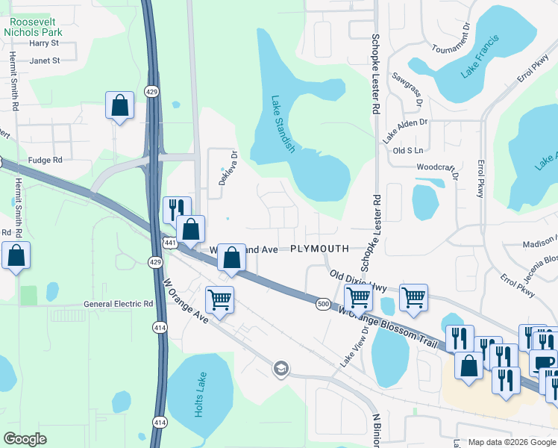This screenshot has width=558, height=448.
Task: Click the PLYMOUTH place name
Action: [x=319, y=249]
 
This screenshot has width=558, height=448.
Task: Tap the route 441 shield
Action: [x=171, y=243]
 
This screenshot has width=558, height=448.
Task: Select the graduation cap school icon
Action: [x=280, y=367]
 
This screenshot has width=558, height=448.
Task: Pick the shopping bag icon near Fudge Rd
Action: [x=120, y=107]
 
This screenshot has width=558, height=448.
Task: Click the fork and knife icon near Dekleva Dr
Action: [x=177, y=209]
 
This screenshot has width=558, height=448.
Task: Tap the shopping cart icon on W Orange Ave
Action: [x=219, y=300]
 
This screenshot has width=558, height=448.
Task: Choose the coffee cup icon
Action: [x=542, y=362]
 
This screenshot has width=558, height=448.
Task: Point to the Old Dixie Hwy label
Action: [x=359, y=280]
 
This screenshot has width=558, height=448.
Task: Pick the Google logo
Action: [x=25, y=439]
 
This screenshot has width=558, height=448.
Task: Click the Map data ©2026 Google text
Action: [x=511, y=442]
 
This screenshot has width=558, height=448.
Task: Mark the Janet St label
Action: [x=45, y=61]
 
